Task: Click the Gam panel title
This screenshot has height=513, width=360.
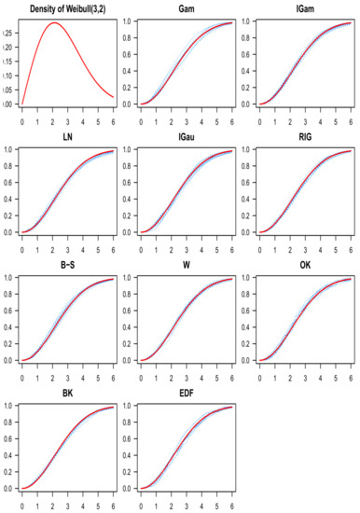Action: tap(187, 8)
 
